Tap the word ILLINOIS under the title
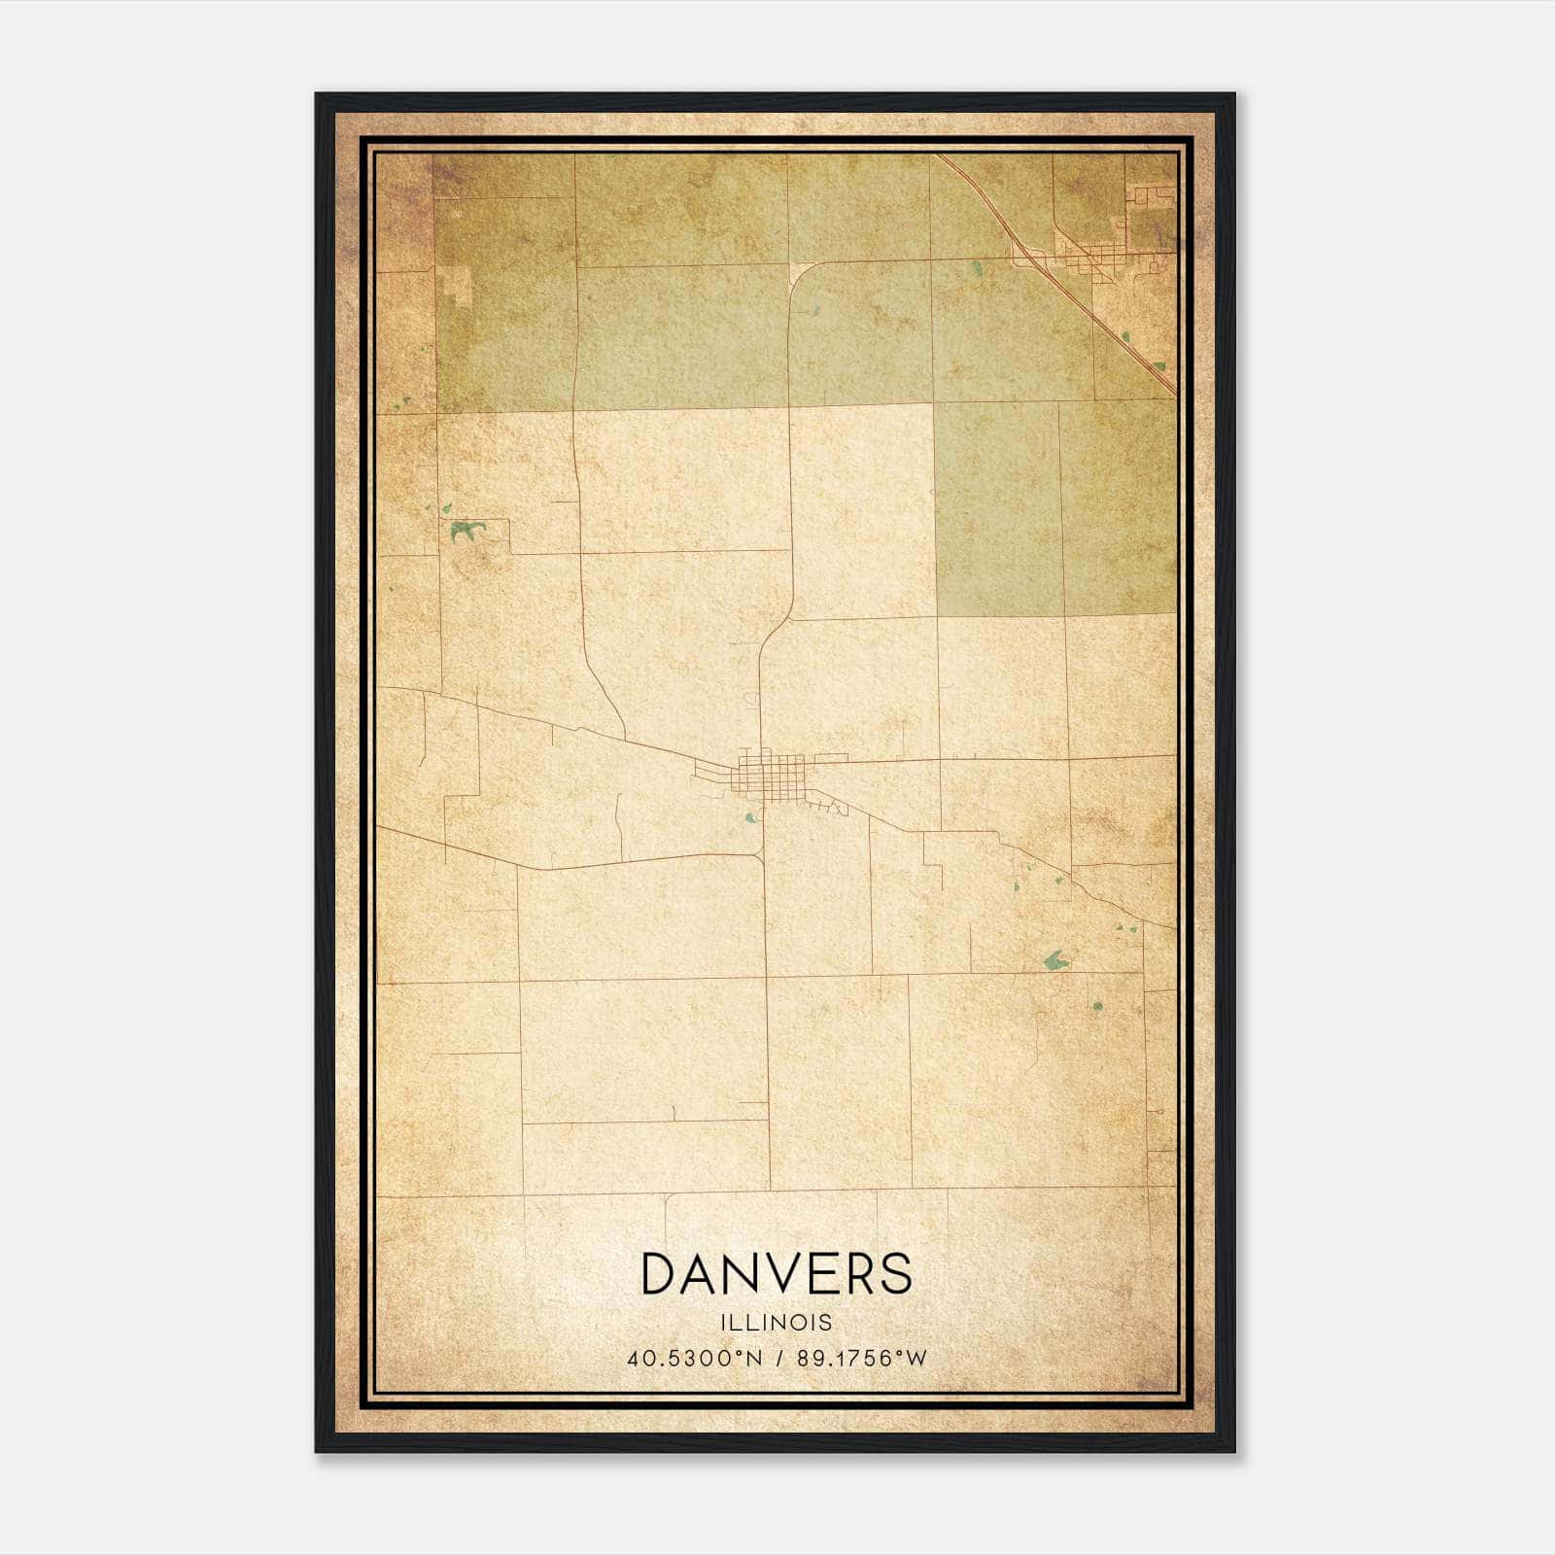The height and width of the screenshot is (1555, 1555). point(777,1323)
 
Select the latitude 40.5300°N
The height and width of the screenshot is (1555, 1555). point(695,1358)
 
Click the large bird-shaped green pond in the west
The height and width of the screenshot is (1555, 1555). point(465,530)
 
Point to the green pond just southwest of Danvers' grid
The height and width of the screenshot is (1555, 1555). point(749,817)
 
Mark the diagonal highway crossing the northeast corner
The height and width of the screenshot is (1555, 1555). point(1069,292)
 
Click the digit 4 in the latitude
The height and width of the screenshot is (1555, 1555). point(633,1358)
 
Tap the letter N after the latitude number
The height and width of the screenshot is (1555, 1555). point(755,1358)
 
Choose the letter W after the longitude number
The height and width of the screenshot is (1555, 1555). point(916,1358)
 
